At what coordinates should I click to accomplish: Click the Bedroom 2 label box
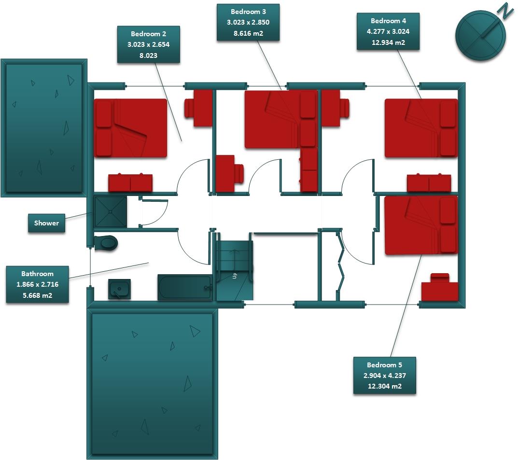click(148, 44)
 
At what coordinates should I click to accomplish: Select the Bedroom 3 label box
click(248, 23)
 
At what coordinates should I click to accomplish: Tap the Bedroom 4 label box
click(388, 31)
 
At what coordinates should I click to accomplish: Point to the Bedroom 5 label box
click(384, 376)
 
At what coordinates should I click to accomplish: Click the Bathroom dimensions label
click(37, 285)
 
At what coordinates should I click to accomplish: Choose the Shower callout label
click(46, 223)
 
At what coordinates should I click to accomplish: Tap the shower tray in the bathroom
click(111, 211)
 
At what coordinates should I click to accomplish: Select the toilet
click(106, 243)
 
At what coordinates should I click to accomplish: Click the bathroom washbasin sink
click(119, 289)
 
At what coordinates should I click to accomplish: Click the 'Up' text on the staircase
click(235, 276)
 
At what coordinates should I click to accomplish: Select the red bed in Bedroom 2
click(130, 128)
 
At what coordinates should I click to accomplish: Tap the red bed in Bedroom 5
click(420, 225)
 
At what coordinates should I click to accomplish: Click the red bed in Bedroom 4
click(420, 128)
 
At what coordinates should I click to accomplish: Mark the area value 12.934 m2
click(388, 42)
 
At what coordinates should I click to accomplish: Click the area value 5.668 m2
click(37, 295)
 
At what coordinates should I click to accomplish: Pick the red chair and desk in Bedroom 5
click(439, 288)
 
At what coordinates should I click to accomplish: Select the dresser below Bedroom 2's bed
click(130, 183)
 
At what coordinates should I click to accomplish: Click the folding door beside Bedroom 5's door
click(342, 265)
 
